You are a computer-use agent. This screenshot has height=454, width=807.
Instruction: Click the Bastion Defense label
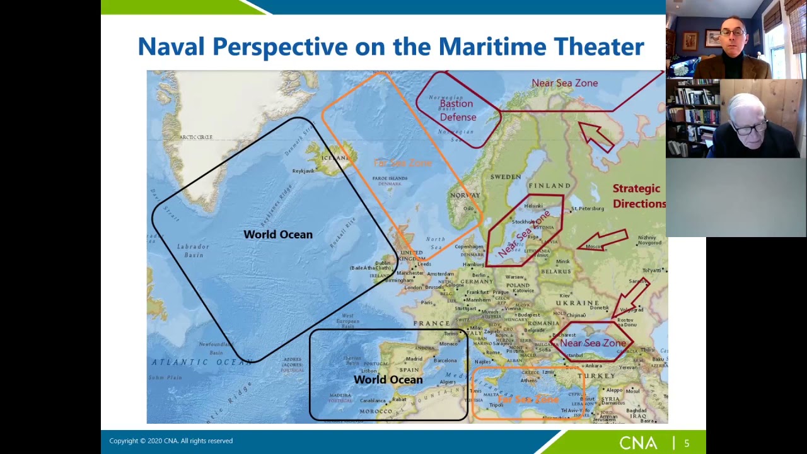tap(457, 110)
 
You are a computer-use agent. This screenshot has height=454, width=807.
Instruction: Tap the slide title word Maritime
tap(492, 47)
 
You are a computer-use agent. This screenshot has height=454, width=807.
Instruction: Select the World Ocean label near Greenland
tap(278, 235)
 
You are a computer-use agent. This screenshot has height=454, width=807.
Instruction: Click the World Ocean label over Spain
tap(388, 380)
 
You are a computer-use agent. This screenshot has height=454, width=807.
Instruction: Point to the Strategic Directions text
tap(639, 196)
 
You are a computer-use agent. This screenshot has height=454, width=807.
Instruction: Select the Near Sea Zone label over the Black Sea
tap(593, 343)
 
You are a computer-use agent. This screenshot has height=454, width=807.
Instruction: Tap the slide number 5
tap(687, 443)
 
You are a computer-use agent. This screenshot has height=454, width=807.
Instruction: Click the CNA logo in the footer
tap(637, 443)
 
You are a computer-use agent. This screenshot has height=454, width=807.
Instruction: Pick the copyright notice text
tap(171, 441)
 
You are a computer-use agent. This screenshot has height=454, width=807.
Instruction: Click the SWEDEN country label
tap(506, 177)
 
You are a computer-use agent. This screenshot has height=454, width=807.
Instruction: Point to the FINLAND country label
tap(549, 185)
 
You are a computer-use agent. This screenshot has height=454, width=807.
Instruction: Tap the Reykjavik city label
tap(303, 171)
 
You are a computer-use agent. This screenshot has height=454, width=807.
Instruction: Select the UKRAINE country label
tap(578, 303)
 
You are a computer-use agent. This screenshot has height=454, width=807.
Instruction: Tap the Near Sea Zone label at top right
tap(564, 83)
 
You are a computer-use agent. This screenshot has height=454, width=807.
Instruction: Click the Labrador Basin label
tap(194, 250)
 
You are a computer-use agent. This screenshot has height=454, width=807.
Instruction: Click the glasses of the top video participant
tap(733, 32)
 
